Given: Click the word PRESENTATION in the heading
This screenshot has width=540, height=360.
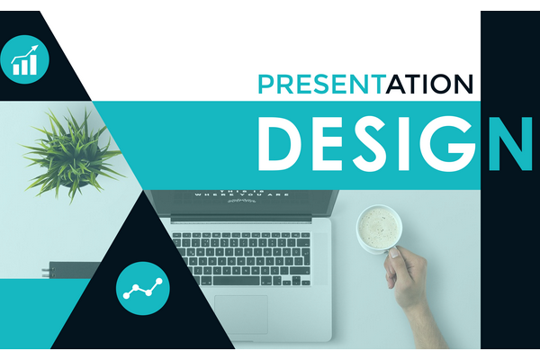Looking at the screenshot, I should click(x=364, y=84).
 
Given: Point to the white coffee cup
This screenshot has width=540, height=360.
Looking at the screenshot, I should click(x=378, y=229).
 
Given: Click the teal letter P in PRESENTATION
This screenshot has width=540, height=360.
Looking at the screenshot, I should click(x=265, y=84).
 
